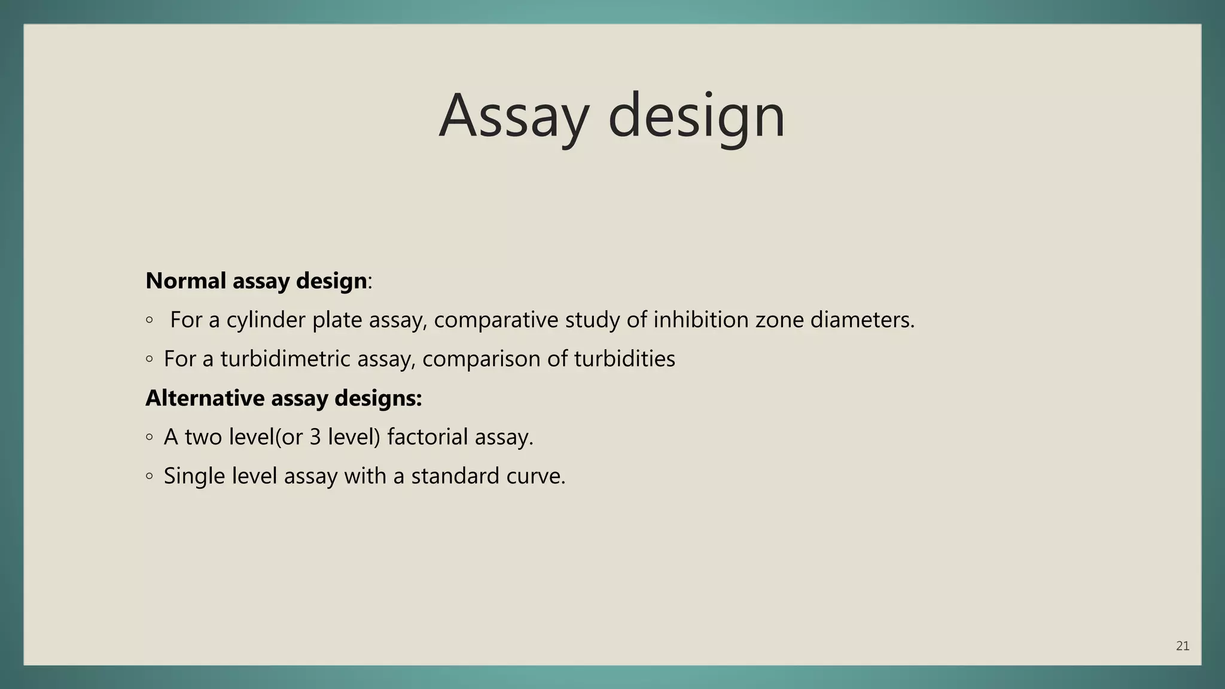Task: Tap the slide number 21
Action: click(1182, 646)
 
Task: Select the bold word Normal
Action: click(185, 281)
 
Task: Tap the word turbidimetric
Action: click(285, 359)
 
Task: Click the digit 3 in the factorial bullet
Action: click(315, 437)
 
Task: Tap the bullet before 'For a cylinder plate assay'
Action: click(150, 321)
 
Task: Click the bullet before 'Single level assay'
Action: click(150, 477)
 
